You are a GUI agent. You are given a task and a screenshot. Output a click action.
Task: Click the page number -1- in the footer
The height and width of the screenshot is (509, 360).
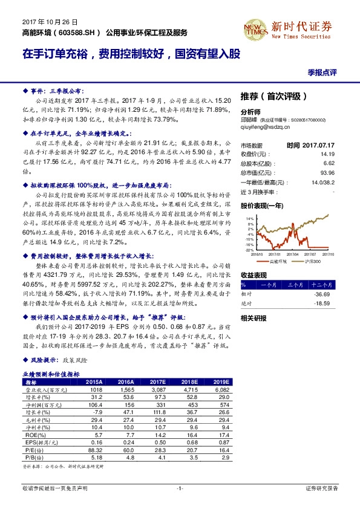click(179, 488)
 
